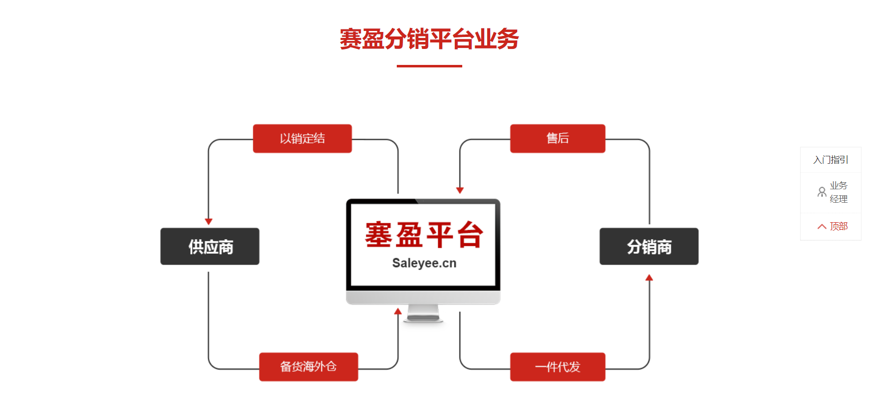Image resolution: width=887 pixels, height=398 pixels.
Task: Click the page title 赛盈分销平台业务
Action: pos(429,39)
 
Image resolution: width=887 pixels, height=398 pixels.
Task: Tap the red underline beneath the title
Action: pos(429,66)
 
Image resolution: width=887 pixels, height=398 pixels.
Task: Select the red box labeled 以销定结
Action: pos(302,138)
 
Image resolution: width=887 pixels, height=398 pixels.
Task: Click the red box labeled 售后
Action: pos(558,138)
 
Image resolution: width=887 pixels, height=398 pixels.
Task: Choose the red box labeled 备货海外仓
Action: pos(308,367)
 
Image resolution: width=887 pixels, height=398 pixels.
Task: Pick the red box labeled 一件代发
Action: pos(558,367)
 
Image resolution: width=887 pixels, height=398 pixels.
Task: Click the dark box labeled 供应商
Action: pos(210,246)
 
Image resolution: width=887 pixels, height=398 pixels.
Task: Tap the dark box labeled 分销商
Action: pos(649,246)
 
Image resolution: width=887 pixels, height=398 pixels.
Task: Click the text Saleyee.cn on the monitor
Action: pos(424,263)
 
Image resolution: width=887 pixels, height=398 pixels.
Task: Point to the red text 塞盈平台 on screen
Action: pos(424,235)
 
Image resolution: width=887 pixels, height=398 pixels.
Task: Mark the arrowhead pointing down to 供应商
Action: pos(209,221)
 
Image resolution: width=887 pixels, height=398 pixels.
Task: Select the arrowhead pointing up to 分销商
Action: pos(649,278)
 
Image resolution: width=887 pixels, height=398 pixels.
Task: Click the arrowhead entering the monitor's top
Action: pos(460,190)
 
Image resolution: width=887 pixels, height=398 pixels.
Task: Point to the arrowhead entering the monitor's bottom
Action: pos(398,311)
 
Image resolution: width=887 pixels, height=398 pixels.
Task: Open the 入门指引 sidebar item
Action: pos(831,160)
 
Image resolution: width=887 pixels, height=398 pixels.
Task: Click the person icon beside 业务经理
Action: pos(822,192)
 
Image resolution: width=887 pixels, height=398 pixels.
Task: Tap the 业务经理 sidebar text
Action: pos(839,192)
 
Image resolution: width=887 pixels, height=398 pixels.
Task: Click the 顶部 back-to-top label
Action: pos(839,226)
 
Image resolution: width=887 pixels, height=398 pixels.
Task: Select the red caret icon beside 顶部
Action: pos(822,227)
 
